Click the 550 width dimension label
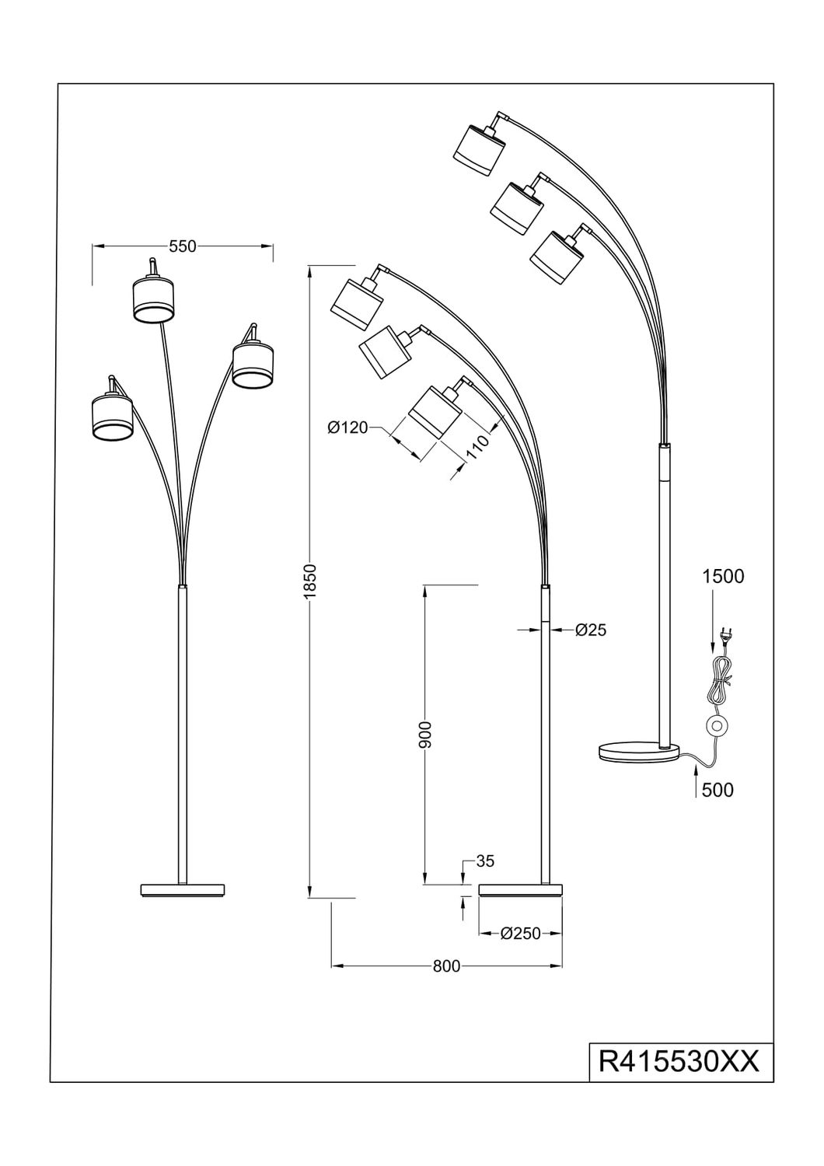click(183, 246)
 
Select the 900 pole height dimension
click(425, 734)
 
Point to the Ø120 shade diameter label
click(347, 428)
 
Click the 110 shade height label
click(477, 447)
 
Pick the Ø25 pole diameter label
click(591, 630)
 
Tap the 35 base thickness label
click(484, 861)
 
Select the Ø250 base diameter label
click(521, 934)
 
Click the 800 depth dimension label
click(447, 966)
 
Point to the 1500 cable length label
click(723, 577)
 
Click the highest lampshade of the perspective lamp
click(480, 148)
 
